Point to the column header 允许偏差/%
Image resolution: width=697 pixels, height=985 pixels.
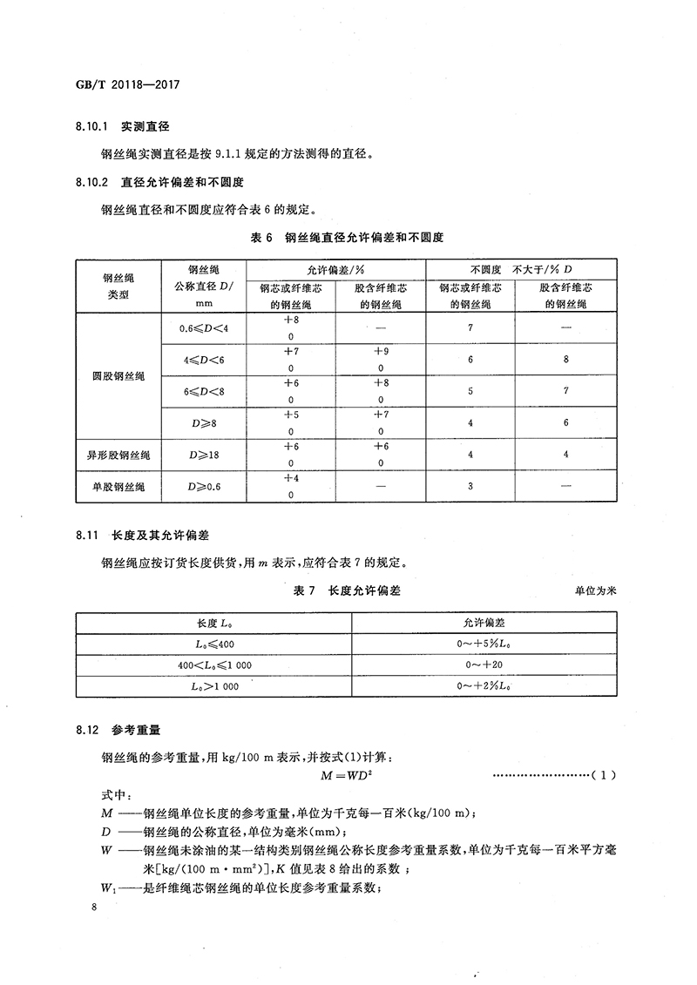coord(335,270)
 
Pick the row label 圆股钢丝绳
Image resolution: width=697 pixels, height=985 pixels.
coord(116,375)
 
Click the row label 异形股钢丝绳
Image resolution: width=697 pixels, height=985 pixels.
coord(116,455)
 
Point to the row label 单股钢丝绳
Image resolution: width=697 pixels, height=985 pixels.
coord(116,487)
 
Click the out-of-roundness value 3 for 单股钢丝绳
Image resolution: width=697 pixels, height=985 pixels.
coord(470,487)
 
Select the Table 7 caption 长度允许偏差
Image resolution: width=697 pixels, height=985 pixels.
coord(365,591)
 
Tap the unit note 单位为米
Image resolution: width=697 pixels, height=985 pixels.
coord(595,591)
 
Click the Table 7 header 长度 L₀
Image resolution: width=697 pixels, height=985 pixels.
coord(213,624)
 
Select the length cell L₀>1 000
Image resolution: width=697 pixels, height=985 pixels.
coord(213,686)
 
